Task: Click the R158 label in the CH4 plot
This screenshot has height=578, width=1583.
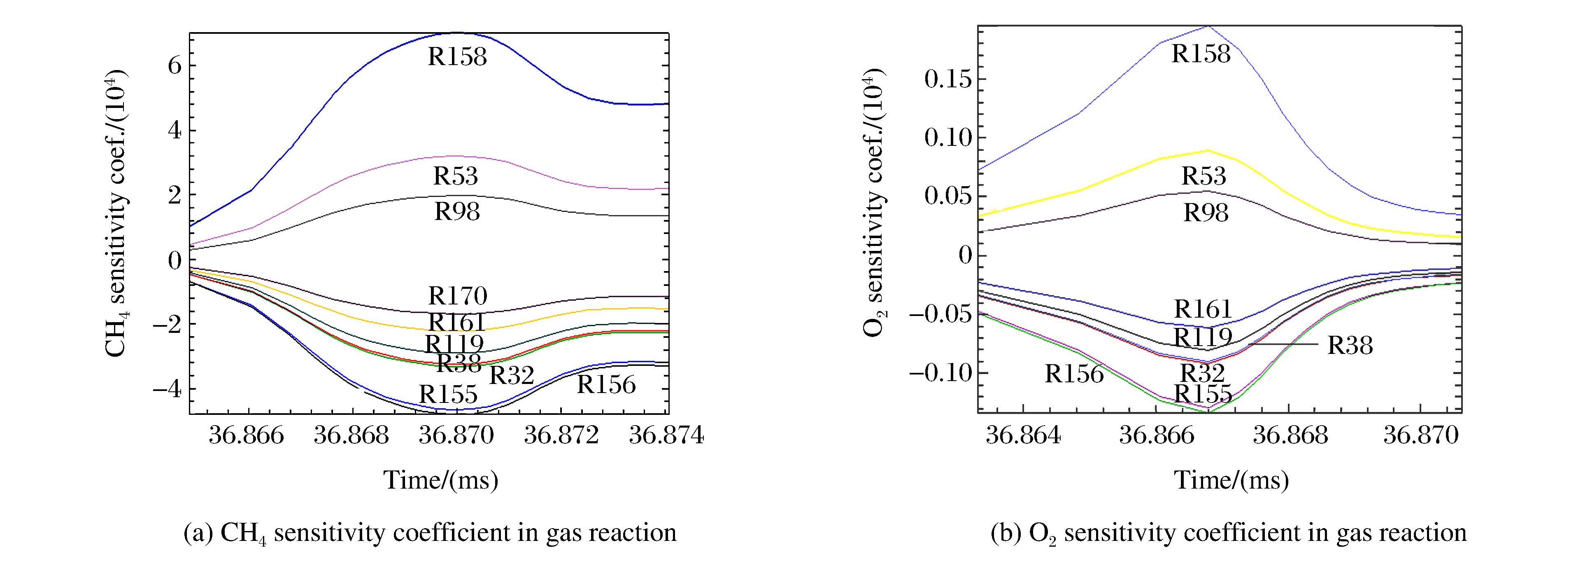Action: tap(457, 56)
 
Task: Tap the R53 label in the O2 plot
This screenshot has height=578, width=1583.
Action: tap(1203, 176)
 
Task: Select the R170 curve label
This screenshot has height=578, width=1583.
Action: tap(457, 296)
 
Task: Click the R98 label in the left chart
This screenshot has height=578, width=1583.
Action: tap(456, 211)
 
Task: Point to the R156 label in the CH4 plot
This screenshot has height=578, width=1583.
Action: tap(606, 384)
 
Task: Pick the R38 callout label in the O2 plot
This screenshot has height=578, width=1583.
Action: tap(1350, 345)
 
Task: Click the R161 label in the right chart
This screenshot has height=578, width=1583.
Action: tap(1203, 309)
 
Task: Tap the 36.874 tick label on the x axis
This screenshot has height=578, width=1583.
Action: tap(666, 435)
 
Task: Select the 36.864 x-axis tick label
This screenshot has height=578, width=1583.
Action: tap(1023, 435)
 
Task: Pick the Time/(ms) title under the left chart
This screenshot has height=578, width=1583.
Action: tap(440, 480)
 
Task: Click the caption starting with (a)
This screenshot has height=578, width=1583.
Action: tap(430, 533)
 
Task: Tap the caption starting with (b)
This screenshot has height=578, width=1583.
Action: tap(1228, 533)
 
